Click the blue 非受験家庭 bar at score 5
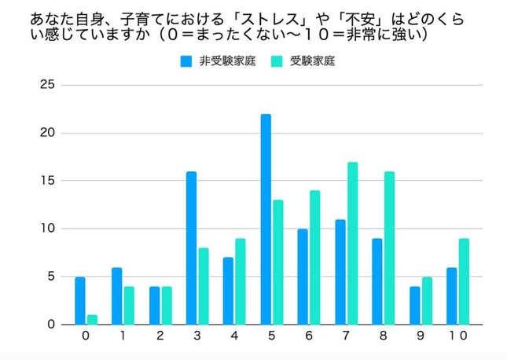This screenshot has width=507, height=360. [x=266, y=219]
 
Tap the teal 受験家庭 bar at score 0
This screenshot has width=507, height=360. [x=93, y=320]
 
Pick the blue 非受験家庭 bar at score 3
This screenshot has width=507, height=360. [x=191, y=248]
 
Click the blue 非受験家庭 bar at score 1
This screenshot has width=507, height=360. [x=116, y=296]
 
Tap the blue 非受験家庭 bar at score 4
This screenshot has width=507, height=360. [x=229, y=292]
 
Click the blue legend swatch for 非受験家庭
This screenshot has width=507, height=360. [x=186, y=61]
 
